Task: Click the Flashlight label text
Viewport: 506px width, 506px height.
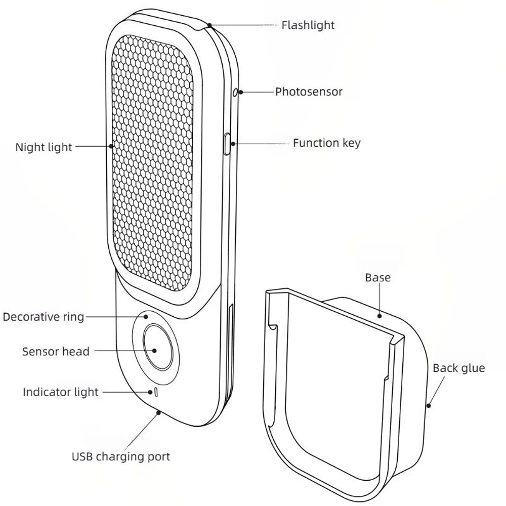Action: coord(308,25)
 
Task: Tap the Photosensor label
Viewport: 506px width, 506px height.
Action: coord(309,92)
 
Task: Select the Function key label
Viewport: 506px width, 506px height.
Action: coord(326,143)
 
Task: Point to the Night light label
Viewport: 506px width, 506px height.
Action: coord(44,147)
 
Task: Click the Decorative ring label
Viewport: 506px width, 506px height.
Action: coord(43,317)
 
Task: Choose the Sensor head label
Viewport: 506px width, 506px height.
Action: coord(56,351)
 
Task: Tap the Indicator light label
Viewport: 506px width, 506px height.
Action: coord(61,392)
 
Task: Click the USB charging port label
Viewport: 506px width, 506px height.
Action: coord(120,456)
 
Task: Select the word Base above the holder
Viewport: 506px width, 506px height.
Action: coord(378,277)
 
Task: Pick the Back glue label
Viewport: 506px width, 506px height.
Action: coord(458,368)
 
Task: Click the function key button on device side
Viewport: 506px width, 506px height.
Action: coord(227,144)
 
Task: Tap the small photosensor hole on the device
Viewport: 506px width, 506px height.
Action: coord(236,92)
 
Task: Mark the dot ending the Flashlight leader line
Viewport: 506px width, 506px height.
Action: coord(209,24)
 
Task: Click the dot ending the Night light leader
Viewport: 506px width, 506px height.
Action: coord(112,147)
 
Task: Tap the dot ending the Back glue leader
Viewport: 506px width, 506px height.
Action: coord(429,405)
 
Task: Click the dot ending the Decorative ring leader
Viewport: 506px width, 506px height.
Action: coord(146,317)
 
